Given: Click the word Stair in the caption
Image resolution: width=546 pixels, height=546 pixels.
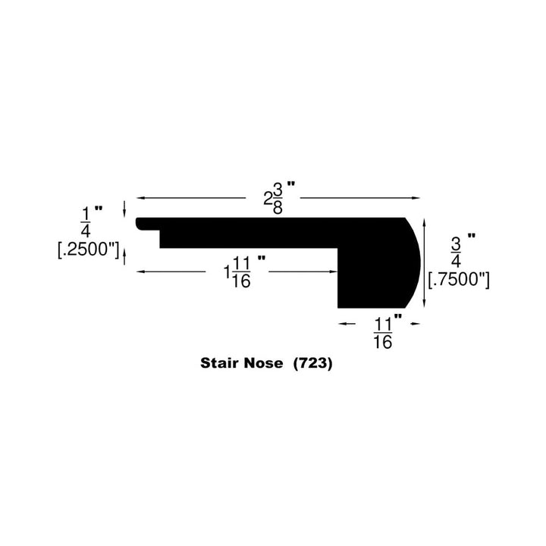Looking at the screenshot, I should point(218,363).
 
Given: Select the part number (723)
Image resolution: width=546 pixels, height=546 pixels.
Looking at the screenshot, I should point(312,363).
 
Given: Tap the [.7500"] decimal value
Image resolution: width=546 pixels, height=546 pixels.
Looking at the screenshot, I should point(458,280).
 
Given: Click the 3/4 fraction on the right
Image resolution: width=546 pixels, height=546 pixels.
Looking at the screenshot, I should point(457,251).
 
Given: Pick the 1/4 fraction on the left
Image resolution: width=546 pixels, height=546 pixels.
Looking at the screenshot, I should point(85,221).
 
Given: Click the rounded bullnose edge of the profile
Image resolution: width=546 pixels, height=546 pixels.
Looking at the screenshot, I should point(414,262).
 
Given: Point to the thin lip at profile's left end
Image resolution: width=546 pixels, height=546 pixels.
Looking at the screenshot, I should point(147,223).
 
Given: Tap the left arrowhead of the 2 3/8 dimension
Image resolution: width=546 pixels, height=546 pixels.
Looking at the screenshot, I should point(140,198).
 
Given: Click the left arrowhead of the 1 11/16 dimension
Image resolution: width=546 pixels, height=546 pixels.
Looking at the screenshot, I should point(140,271).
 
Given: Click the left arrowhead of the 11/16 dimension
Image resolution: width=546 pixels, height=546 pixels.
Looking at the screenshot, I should point(341,322).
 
